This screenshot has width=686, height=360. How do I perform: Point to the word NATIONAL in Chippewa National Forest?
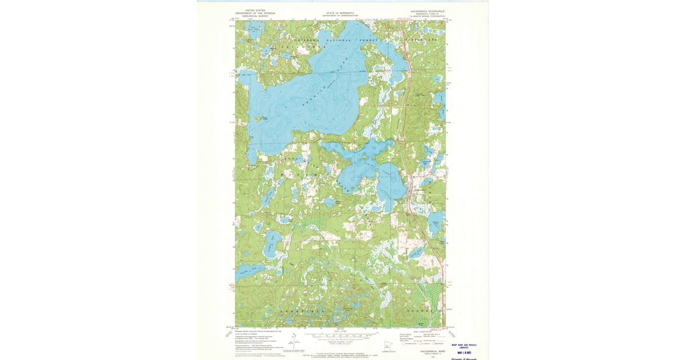click(340, 41)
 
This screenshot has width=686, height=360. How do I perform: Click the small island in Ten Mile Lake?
click(264, 118)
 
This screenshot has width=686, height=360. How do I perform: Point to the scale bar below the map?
click(340, 337)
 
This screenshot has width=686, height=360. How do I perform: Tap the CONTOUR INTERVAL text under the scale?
click(340, 342)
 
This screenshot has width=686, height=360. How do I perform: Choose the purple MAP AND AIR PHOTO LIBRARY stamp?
click(464, 346)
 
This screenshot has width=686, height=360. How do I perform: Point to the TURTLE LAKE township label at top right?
click(422, 40)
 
